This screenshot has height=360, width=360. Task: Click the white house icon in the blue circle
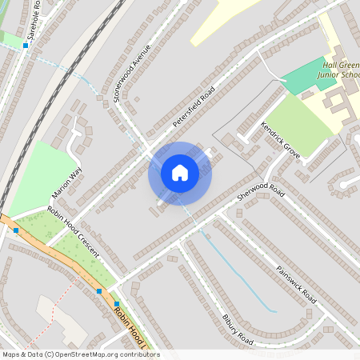tap(180, 173)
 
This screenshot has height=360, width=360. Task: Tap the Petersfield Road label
tap(195, 108)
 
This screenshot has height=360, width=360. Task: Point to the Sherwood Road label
tap(262, 191)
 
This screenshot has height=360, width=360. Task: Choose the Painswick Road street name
tap(296, 284)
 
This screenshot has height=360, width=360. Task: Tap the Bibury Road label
tap(238, 330)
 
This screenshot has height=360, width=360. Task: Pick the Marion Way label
tap(66, 182)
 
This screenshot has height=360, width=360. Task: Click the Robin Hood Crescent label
tap(73, 232)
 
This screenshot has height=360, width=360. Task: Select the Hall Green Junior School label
tap(341, 70)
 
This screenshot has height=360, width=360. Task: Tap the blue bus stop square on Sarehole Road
tap(26, 46)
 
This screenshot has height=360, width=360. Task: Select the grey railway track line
tap(48, 96)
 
